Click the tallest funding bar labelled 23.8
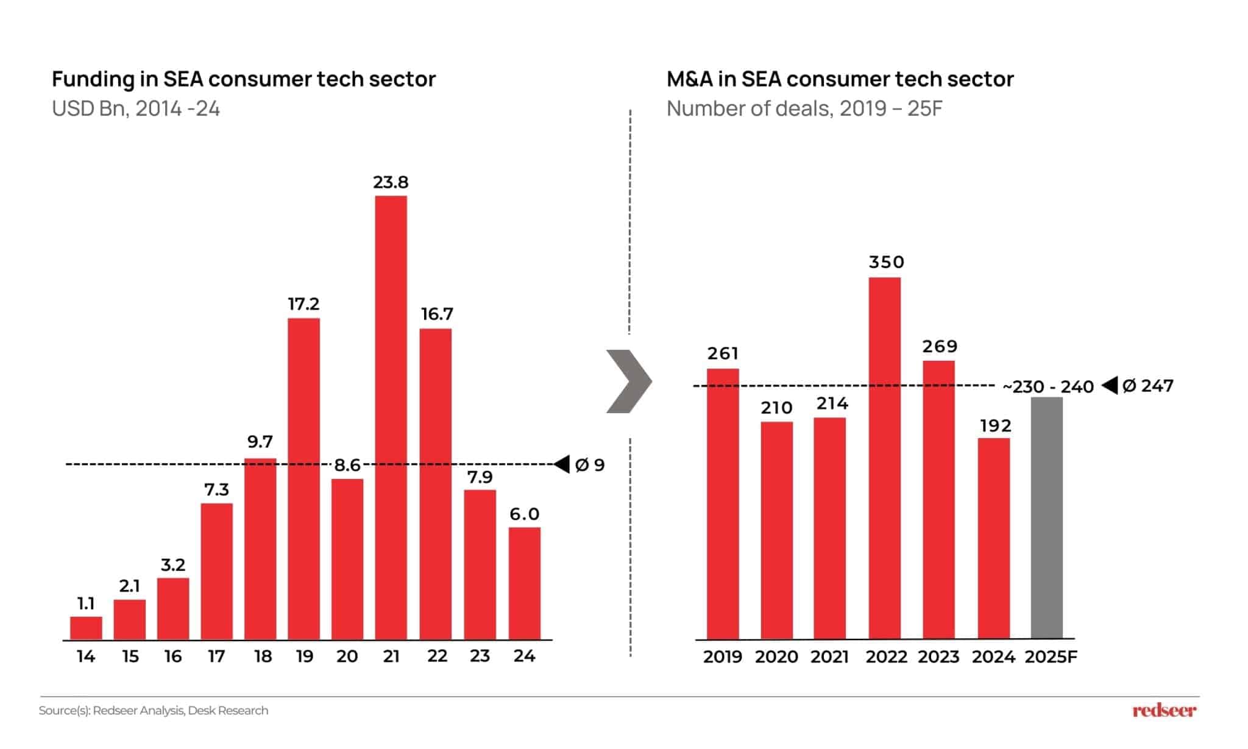point(391,417)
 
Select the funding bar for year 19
point(303,478)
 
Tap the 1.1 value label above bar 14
point(86,603)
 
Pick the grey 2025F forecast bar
point(1046,518)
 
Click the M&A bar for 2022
point(884,458)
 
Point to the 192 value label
point(995,425)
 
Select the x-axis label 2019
point(722,656)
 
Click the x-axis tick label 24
point(524,656)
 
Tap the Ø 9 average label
point(589,465)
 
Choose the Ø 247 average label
point(1147,386)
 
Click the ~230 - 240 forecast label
point(1048,387)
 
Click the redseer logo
point(1164,710)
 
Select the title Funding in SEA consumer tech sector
point(244,79)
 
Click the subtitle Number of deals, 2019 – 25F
point(804,108)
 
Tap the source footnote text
point(154,711)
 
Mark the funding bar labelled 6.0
point(524,583)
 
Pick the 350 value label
point(886,262)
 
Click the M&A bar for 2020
point(776,530)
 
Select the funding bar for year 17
point(216,571)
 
